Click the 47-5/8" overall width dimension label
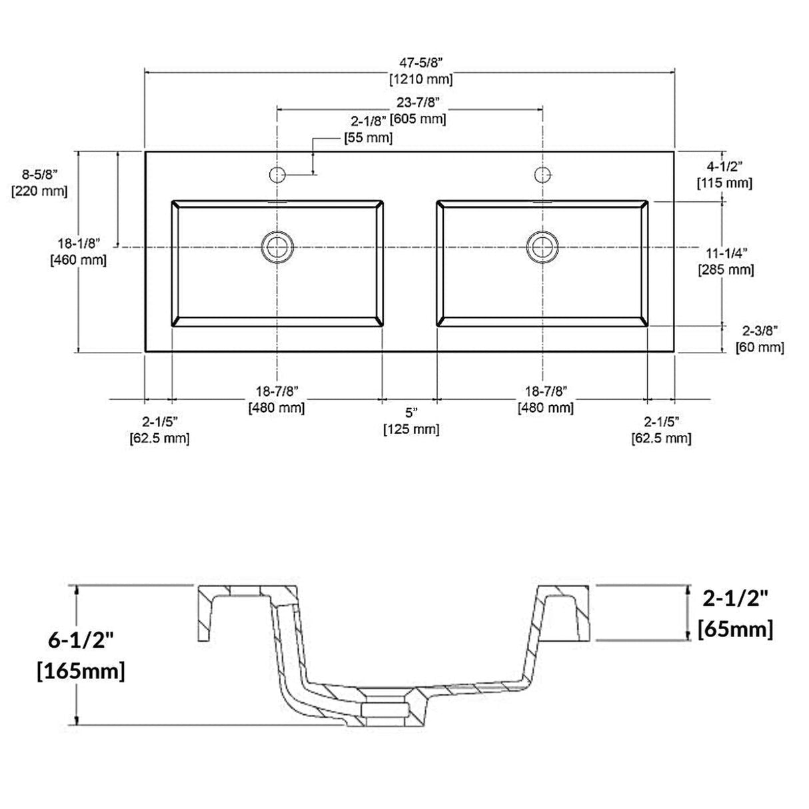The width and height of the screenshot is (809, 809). [x=420, y=71]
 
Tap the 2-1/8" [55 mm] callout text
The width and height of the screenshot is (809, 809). [x=368, y=130]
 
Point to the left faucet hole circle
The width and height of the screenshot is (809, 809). [x=277, y=175]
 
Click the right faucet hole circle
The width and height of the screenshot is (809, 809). [x=543, y=175]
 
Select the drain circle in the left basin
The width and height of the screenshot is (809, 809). [x=277, y=246]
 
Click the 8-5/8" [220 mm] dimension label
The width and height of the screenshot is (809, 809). [x=40, y=182]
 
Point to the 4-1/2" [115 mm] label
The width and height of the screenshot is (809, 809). [x=724, y=174]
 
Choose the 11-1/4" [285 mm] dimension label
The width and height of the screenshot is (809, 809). [x=726, y=261]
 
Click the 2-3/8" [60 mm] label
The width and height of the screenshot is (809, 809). [x=759, y=339]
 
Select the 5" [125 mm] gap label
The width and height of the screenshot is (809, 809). [x=410, y=421]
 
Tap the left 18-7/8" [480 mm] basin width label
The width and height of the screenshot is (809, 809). [x=277, y=399]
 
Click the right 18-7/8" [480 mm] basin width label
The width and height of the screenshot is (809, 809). [x=546, y=399]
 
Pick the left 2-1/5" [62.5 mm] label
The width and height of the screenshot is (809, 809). [x=159, y=430]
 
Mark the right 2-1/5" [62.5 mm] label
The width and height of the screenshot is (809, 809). [x=661, y=430]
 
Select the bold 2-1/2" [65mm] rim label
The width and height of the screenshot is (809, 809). [x=735, y=614]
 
